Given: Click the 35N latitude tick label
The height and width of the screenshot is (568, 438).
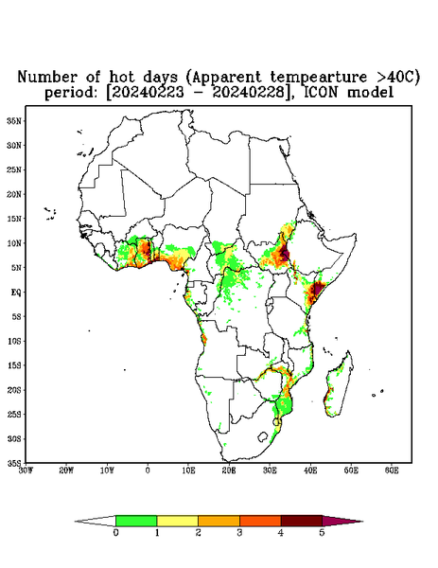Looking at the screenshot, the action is tap(14, 120).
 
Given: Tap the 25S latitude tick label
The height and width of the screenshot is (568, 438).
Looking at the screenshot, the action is tap(14, 414).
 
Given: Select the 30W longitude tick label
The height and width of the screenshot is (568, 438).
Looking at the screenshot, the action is tap(26, 470).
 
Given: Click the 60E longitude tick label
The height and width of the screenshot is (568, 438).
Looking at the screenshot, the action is tap(392, 470).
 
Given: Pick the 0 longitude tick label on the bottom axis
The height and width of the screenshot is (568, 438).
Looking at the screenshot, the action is tap(148, 470).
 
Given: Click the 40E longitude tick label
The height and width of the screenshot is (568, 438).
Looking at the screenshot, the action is tap(310, 470).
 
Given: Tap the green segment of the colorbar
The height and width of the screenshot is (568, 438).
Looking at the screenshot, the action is tap(136, 521).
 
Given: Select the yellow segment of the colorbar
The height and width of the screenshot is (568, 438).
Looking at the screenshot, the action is tap(177, 521).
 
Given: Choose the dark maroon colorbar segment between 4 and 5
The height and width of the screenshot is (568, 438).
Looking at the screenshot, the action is tap(302, 521).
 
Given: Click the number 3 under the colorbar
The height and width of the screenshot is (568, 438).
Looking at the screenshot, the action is tap(239, 533).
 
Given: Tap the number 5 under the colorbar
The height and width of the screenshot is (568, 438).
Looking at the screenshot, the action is tap(322, 533).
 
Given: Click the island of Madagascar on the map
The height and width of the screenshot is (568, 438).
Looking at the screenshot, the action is tap(339, 386).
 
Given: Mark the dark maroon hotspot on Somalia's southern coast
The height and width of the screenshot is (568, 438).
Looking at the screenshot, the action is tap(318, 289).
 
